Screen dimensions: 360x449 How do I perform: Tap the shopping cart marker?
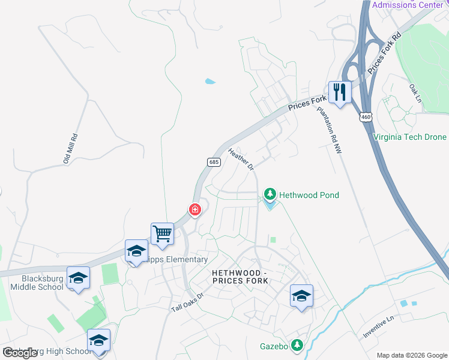click(162, 233)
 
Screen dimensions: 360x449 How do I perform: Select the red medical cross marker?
click(194, 209)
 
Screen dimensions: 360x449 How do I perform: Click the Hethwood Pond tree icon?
click(270, 195)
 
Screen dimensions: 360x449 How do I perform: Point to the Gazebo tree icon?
click(297, 346)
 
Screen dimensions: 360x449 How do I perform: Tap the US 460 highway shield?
click(366, 116)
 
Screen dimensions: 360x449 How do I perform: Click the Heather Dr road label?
click(241, 160)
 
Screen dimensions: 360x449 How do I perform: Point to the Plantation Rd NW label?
click(330, 130)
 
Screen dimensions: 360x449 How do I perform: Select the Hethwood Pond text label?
click(309, 195)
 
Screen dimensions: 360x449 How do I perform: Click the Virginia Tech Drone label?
click(409, 137)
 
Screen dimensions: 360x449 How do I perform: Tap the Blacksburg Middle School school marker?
click(78, 278)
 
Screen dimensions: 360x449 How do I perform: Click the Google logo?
click(20, 353)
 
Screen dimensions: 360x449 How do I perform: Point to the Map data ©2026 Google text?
click(412, 355)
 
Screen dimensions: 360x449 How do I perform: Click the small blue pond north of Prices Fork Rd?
click(209, 81)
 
